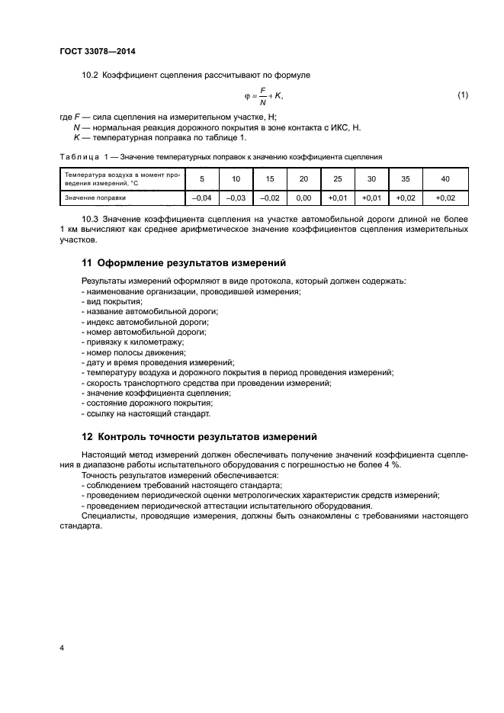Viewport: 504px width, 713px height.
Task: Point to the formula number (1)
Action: point(462,95)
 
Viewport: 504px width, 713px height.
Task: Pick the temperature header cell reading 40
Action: point(445,178)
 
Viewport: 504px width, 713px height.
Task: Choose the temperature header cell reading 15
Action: point(270,178)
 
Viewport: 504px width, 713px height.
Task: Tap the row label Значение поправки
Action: point(95,197)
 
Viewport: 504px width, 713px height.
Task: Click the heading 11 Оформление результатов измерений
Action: point(183,262)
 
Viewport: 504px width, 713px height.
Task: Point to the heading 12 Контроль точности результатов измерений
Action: point(198,437)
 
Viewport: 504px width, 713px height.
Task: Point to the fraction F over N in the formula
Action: point(263,95)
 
